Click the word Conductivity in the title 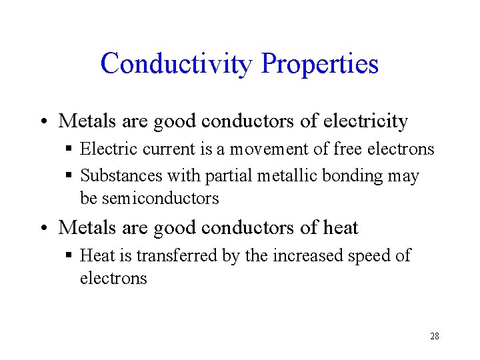[176, 64]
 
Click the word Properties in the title [320, 64]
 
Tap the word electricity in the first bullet [365, 121]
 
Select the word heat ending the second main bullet [340, 227]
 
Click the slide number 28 [435, 336]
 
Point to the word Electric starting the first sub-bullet [104, 149]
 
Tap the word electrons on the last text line [113, 278]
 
